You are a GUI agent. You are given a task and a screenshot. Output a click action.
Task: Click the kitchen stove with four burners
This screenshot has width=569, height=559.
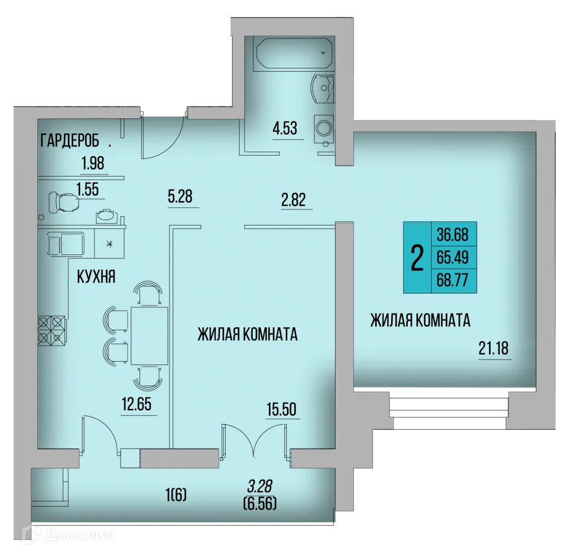(51, 330)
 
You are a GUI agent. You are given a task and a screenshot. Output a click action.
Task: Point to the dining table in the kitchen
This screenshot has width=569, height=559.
(148, 335)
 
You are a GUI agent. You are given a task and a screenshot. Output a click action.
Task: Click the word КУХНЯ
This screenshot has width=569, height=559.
(96, 277)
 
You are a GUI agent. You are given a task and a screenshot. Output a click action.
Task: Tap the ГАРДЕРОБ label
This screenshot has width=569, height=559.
(73, 141)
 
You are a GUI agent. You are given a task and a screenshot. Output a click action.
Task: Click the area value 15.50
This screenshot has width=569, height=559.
(281, 410)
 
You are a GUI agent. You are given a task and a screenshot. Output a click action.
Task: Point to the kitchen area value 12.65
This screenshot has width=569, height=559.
(137, 404)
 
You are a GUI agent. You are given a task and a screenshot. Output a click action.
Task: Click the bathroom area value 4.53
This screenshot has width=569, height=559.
(284, 129)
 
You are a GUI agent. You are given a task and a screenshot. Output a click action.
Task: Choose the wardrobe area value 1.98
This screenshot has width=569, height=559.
(93, 164)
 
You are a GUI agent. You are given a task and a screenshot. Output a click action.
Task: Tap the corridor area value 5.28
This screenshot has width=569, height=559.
(183, 196)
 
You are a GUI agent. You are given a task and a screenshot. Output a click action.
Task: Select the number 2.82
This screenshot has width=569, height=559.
(293, 200)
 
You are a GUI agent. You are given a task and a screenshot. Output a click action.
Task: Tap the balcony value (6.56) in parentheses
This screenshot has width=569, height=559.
(260, 503)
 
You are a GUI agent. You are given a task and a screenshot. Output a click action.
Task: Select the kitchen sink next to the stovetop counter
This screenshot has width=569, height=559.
(66, 243)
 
